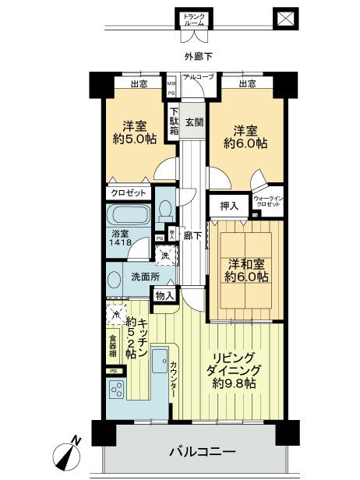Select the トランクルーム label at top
point(192,19)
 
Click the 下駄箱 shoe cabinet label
point(175,122)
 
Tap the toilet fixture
point(164,210)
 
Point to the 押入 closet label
point(229,206)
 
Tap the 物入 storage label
point(164,295)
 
